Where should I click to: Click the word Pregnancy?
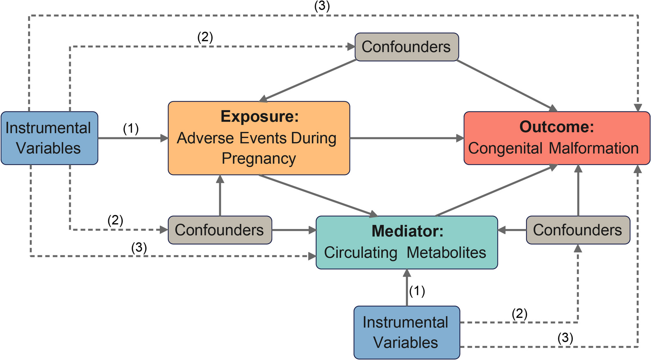coord(259,159)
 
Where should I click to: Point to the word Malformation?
coord(594,148)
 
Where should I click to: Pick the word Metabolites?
coord(446,252)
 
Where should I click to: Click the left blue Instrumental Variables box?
coord(49,138)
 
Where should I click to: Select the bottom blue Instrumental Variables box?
coord(407,332)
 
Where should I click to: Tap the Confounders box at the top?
coord(407,47)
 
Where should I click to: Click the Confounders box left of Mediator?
coord(220,230)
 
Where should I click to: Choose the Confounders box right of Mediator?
coord(578,230)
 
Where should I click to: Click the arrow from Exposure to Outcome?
coord(407,138)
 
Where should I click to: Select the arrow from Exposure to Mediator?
coord(318,196)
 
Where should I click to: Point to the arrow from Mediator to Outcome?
coord(497,190)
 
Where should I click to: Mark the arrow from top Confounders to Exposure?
coord(308,81)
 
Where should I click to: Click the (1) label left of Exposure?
coord(131,128)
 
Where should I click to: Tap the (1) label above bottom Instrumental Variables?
coord(417,291)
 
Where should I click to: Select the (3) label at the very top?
coord(322,6)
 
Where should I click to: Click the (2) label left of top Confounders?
coord(205,37)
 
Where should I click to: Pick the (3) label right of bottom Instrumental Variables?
coord(565,338)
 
